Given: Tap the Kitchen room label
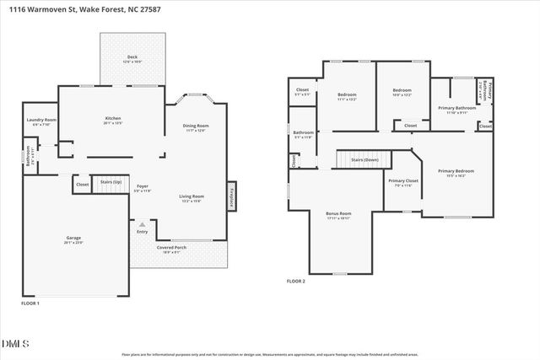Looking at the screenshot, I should (113, 120).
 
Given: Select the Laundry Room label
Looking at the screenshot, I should (40, 121).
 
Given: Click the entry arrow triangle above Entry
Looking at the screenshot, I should (143, 225).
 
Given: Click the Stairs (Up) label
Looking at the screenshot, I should (111, 182).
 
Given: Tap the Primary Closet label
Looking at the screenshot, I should (403, 182).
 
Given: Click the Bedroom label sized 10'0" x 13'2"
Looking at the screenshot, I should (402, 92).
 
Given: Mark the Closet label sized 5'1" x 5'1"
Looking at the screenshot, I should (302, 92).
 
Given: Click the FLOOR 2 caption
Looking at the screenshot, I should (296, 281).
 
